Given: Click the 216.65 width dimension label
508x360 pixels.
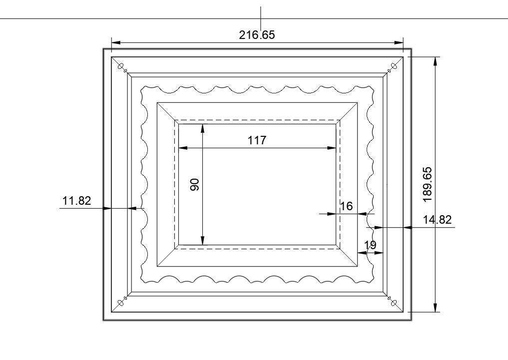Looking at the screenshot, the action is [x=257, y=34].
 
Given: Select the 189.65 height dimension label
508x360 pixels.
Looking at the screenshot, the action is [x=427, y=185].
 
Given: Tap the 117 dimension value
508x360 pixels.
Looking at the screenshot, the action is [x=257, y=140].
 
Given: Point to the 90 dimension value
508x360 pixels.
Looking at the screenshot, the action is [x=194, y=185].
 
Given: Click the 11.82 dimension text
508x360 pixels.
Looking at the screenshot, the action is [x=76, y=201].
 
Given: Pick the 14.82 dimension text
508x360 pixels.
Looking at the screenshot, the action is [x=437, y=220].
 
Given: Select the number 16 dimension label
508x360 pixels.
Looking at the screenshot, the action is [x=346, y=206].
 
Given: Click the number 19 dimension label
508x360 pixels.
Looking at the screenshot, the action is [x=370, y=245].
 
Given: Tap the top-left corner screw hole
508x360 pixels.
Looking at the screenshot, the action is [x=121, y=66].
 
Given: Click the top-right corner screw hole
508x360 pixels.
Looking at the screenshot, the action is [x=394, y=66].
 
